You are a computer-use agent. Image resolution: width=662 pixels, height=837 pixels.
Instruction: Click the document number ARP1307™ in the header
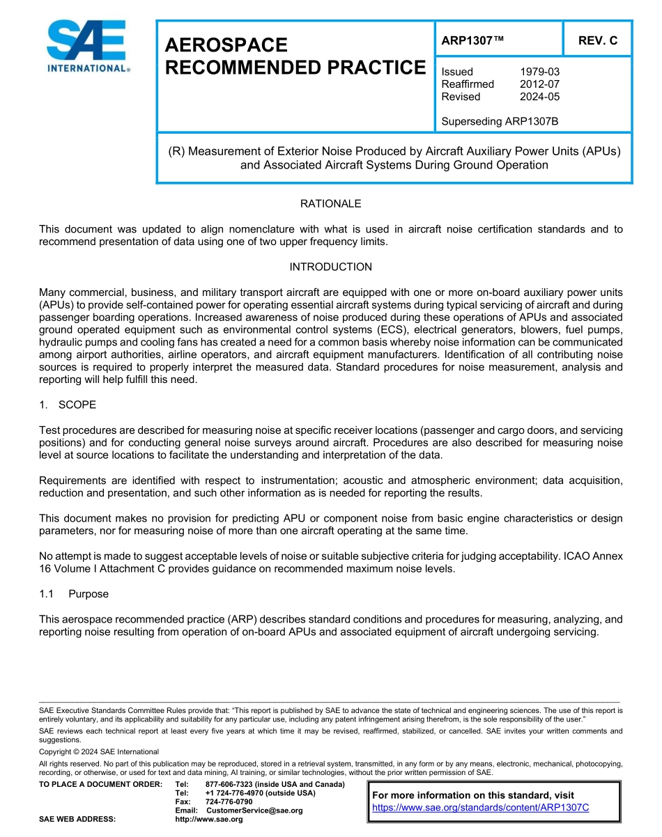coord(472,41)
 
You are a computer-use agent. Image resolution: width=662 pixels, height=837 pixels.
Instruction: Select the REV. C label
coord(598,41)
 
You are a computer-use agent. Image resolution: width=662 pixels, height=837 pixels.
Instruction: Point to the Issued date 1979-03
coord(539,72)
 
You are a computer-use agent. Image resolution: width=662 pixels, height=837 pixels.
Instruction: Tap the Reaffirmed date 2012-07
coord(539,84)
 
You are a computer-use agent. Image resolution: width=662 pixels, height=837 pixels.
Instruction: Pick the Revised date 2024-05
coord(539,97)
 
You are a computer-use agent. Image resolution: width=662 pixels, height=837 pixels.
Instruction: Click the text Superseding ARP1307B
coord(500,122)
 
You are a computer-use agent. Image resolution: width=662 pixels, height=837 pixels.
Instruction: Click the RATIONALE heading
coord(330,204)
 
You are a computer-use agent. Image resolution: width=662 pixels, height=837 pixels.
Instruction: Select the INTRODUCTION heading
coord(330,267)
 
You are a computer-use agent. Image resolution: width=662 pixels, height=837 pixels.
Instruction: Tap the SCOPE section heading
coord(77,405)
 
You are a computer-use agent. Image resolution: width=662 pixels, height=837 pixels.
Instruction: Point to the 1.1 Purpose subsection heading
coord(88,595)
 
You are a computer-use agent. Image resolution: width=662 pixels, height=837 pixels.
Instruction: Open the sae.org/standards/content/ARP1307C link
coord(481,808)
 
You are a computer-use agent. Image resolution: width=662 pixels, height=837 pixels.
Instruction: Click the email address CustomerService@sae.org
coord(254,811)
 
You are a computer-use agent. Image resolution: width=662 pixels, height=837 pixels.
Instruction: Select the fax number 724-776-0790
coord(229,802)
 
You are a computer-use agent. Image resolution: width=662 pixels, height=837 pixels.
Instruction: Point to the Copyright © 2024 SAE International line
coord(99,752)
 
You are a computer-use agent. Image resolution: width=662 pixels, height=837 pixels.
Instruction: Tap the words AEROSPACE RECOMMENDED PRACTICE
coord(295,56)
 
